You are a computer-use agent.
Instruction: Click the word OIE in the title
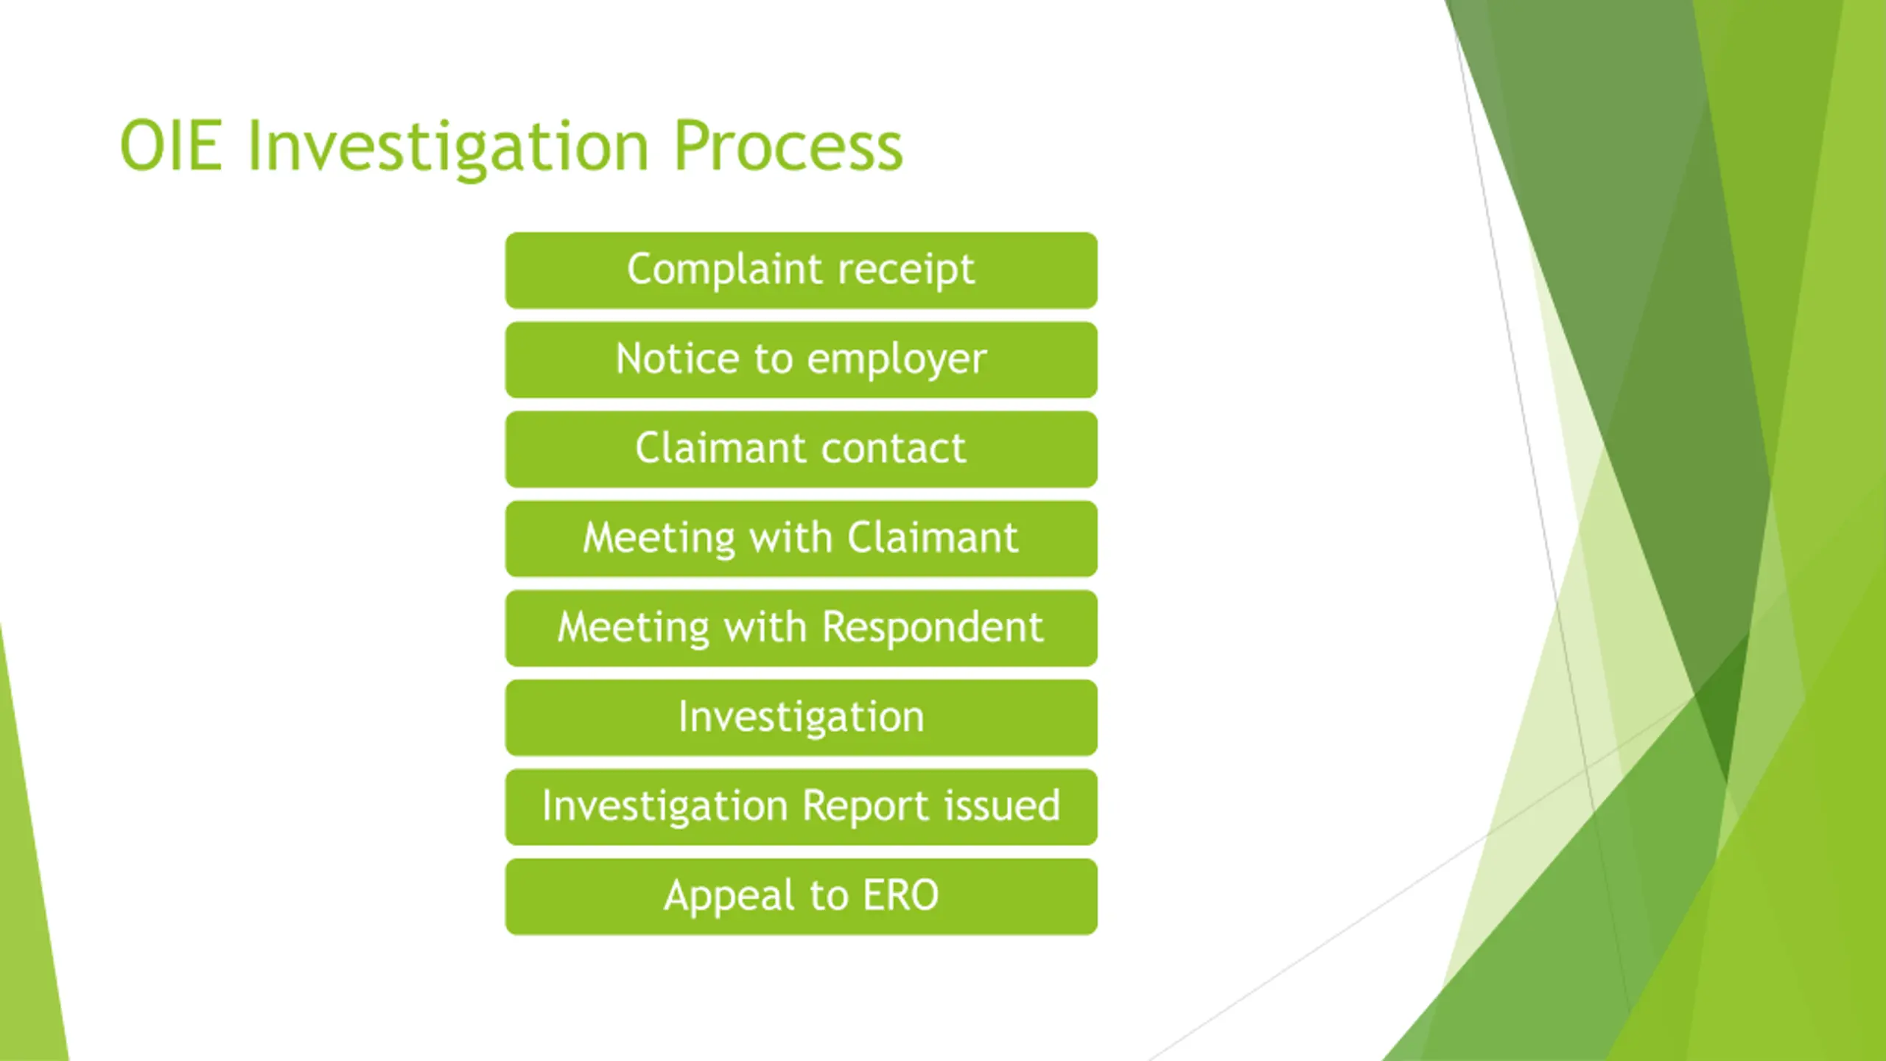[170, 146]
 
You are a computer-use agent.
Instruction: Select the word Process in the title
[788, 146]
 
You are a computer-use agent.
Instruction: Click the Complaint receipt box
[801, 270]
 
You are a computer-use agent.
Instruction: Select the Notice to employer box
[801, 360]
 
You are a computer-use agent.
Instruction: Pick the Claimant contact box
[801, 449]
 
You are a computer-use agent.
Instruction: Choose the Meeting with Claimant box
[801, 539]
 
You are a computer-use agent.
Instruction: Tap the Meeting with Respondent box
[801, 628]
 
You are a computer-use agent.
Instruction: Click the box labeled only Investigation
[801, 718]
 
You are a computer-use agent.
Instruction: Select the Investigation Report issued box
[801, 807]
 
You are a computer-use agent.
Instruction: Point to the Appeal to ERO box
[801, 897]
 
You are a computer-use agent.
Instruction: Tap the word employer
[897, 360]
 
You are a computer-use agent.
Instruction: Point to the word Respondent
[932, 628]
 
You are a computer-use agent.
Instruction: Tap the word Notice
[677, 359]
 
